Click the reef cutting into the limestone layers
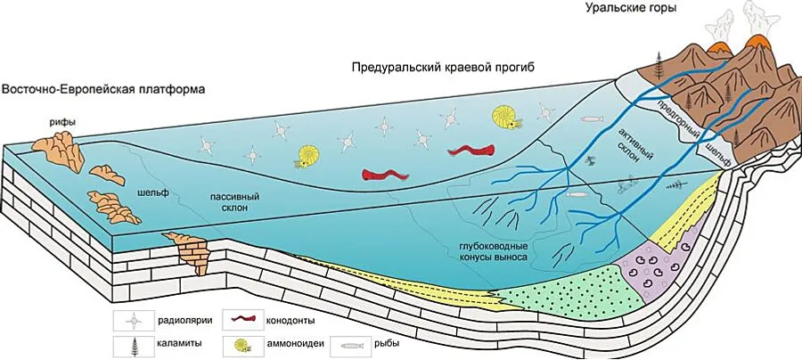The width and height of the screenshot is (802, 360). pyautogui.click(x=189, y=250)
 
